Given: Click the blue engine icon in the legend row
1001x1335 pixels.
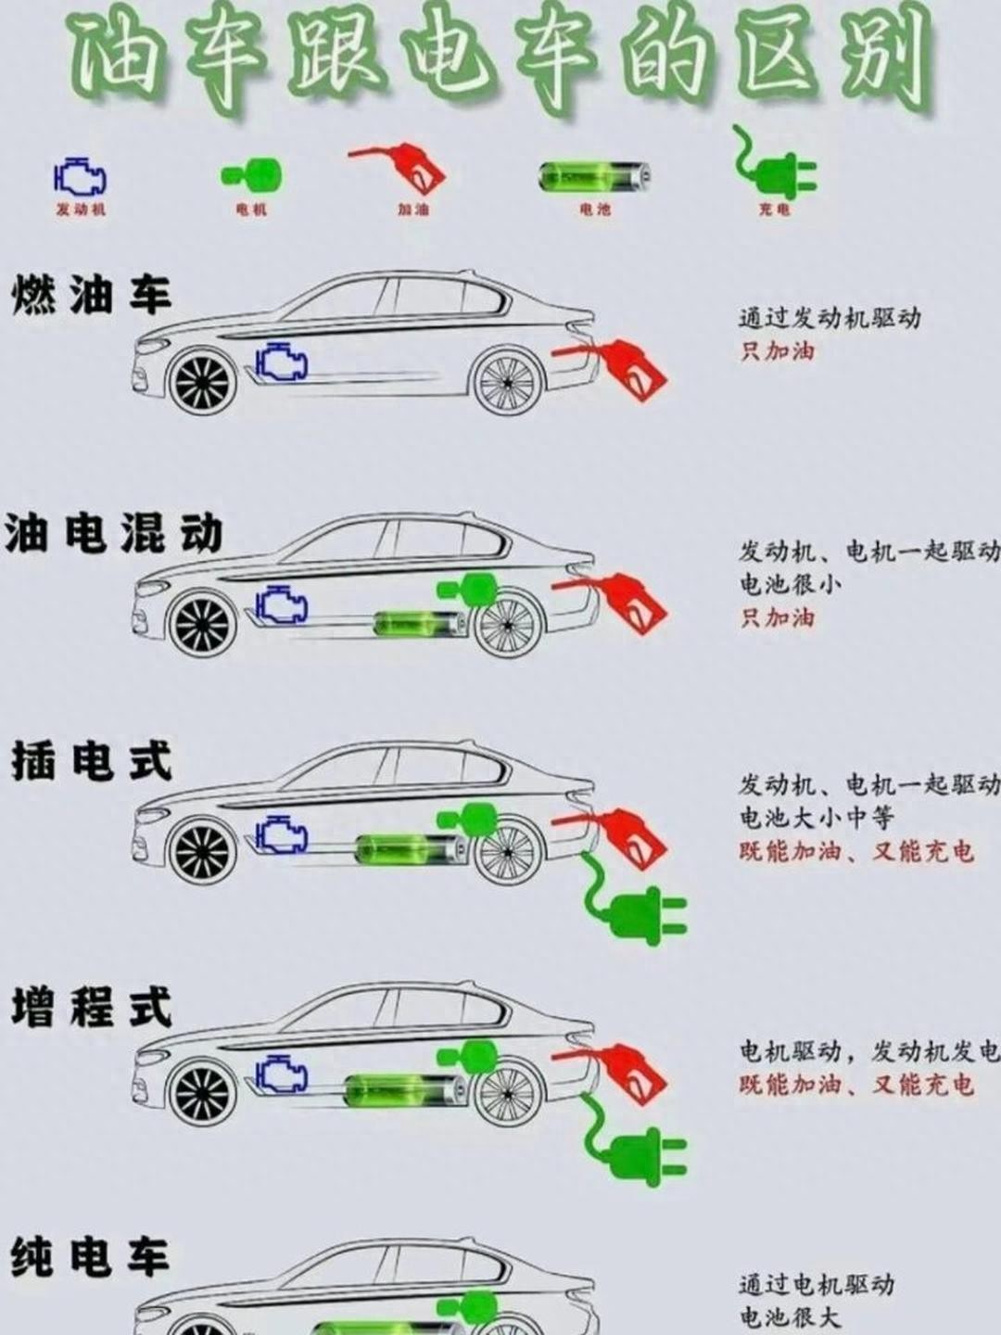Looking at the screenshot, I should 80,177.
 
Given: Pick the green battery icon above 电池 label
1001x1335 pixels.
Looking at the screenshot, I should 594,176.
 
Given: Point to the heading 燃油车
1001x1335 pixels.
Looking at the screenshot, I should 91,295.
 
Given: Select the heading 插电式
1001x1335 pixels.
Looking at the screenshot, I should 91,761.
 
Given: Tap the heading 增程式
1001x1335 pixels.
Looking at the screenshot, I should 91,1009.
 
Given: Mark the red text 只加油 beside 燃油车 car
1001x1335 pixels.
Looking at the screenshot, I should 777,352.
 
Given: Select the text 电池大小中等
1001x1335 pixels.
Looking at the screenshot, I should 816,818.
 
